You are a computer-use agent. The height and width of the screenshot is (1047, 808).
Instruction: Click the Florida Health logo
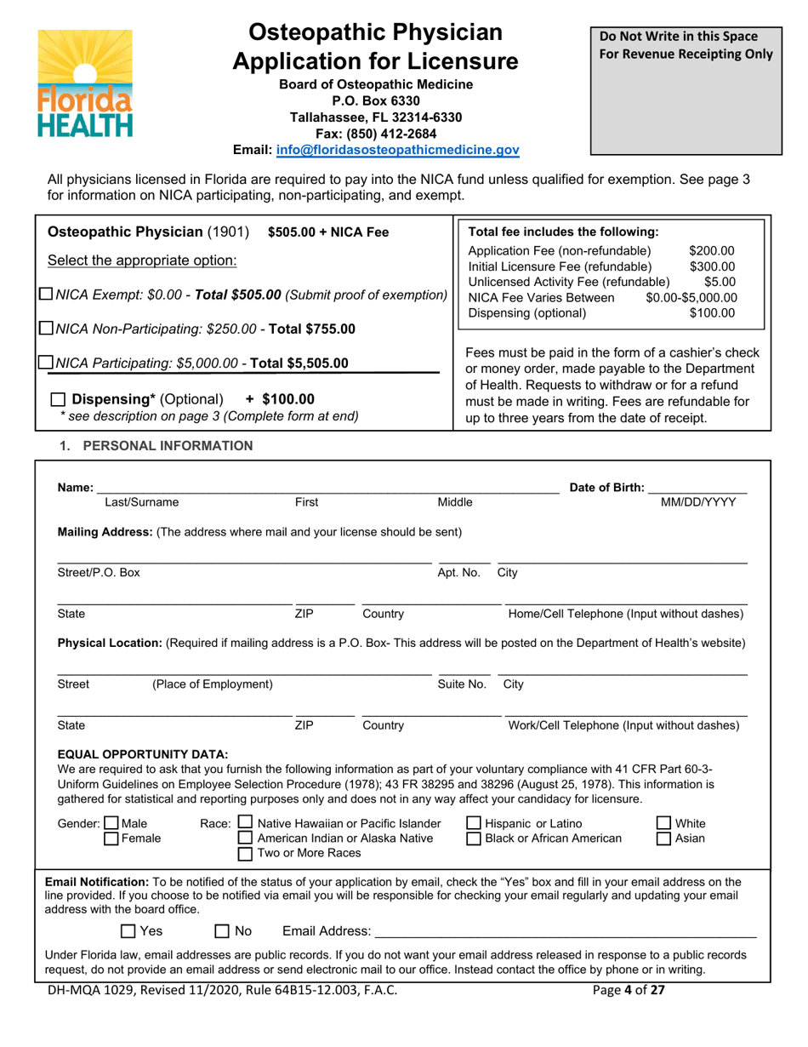click(84, 83)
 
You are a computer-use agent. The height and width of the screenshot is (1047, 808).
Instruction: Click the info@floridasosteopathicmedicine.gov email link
click(398, 150)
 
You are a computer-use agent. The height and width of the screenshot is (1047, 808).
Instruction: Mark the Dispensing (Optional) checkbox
click(56, 399)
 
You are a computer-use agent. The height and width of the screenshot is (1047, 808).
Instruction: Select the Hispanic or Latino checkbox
click(474, 823)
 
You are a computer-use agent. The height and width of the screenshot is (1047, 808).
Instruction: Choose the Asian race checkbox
click(665, 838)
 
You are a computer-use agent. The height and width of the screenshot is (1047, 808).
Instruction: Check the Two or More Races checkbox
click(246, 854)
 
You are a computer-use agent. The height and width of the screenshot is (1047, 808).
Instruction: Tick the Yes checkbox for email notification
click(128, 931)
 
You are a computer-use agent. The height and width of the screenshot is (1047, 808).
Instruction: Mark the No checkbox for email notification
click(222, 931)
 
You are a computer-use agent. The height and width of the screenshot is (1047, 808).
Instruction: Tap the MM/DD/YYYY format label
click(698, 502)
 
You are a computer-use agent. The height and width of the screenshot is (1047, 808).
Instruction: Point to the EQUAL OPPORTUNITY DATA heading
click(143, 754)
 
